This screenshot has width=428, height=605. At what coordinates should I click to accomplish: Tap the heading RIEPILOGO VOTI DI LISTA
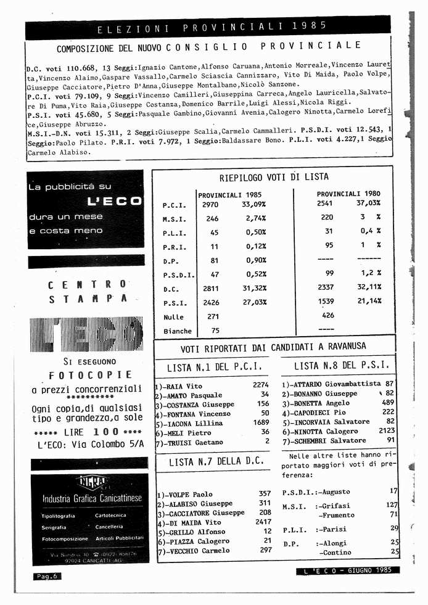(274, 177)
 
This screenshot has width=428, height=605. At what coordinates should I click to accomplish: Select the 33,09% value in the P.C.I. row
(254, 204)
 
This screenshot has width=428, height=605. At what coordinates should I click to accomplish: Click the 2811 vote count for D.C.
(211, 288)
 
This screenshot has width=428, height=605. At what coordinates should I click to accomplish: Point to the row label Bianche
(178, 331)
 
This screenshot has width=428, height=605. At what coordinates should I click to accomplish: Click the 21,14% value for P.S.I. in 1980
(368, 301)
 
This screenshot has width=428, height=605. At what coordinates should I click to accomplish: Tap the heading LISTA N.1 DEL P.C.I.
(215, 368)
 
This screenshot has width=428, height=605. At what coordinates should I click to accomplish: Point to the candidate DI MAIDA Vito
(192, 522)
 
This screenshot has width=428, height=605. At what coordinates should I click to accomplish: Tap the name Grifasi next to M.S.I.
(337, 505)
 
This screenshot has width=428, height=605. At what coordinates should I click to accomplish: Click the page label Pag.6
(46, 576)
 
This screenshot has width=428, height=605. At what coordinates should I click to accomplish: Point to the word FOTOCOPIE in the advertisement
(90, 375)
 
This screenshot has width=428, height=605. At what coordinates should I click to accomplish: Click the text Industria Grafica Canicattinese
(91, 498)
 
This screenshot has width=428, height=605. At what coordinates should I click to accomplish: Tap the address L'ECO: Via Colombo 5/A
(90, 444)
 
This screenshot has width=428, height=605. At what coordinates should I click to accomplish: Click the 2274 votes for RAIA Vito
(261, 385)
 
